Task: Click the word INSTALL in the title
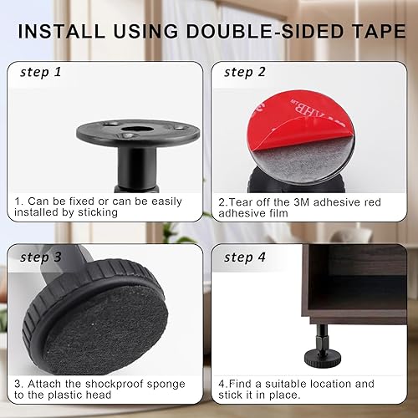pos(61,31)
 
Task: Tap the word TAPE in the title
pos(380,31)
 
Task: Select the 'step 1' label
pos(41,73)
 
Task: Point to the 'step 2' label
pos(245,73)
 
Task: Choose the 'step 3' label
pos(41,257)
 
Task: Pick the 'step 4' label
pos(245,257)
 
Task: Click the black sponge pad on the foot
pos(107,329)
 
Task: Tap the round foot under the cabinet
pos(323,358)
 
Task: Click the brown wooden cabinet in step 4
pos(354,284)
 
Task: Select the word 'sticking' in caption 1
pos(98,213)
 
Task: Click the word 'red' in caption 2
pos(373,202)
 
